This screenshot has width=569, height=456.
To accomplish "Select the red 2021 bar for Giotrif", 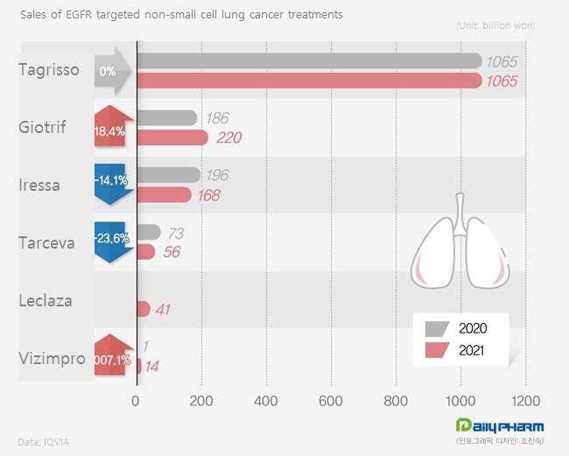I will coord(172,137).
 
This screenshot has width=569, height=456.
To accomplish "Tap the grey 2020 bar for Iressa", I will coord(167,175).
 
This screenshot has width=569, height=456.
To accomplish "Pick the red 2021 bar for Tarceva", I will coord(145,252).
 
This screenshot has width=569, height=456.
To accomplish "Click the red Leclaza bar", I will coord(144,308).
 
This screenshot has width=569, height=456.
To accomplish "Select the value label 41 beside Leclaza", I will coord(164,309).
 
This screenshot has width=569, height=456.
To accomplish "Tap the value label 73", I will coord(175,233).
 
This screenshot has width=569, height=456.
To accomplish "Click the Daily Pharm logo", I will coord(494,426).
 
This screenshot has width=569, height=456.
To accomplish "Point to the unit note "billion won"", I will coord(495,25).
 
